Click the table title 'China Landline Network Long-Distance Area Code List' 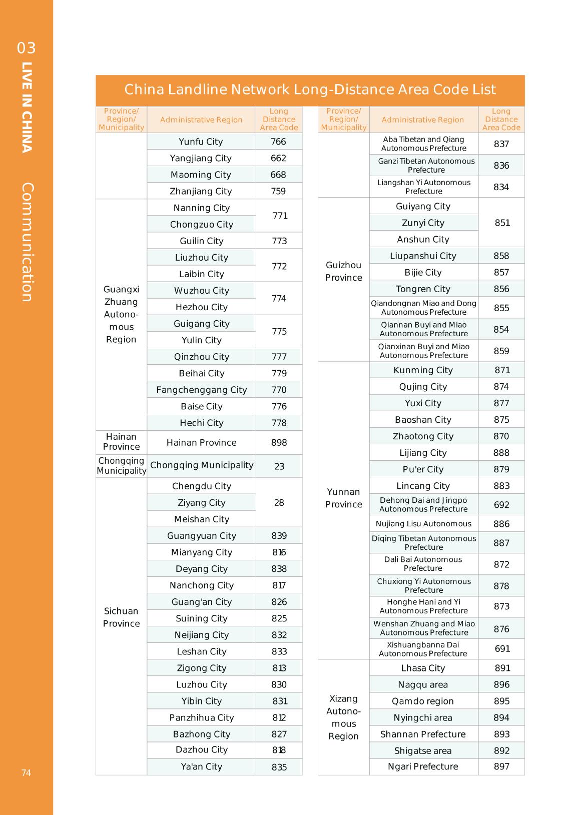(310, 90)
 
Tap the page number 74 (26, 772)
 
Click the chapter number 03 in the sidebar (27, 48)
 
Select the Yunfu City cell (201, 142)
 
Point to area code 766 (278, 142)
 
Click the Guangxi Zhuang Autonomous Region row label (121, 314)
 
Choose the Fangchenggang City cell (201, 390)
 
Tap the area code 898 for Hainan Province (279, 443)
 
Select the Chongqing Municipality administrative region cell (202, 465)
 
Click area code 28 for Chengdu (279, 502)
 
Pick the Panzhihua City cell (201, 717)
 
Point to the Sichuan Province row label (121, 617)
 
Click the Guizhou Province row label (343, 271)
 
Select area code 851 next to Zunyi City (502, 223)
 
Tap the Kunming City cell (423, 370)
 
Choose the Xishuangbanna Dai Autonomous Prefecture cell (423, 649)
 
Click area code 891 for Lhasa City (502, 668)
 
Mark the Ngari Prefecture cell (423, 766)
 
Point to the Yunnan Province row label (343, 498)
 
